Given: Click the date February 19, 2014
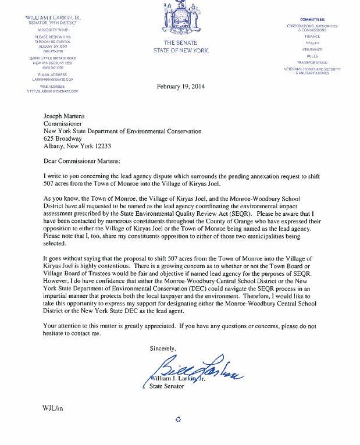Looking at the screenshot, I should [x=181, y=87].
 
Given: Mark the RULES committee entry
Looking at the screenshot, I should [x=312, y=56].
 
